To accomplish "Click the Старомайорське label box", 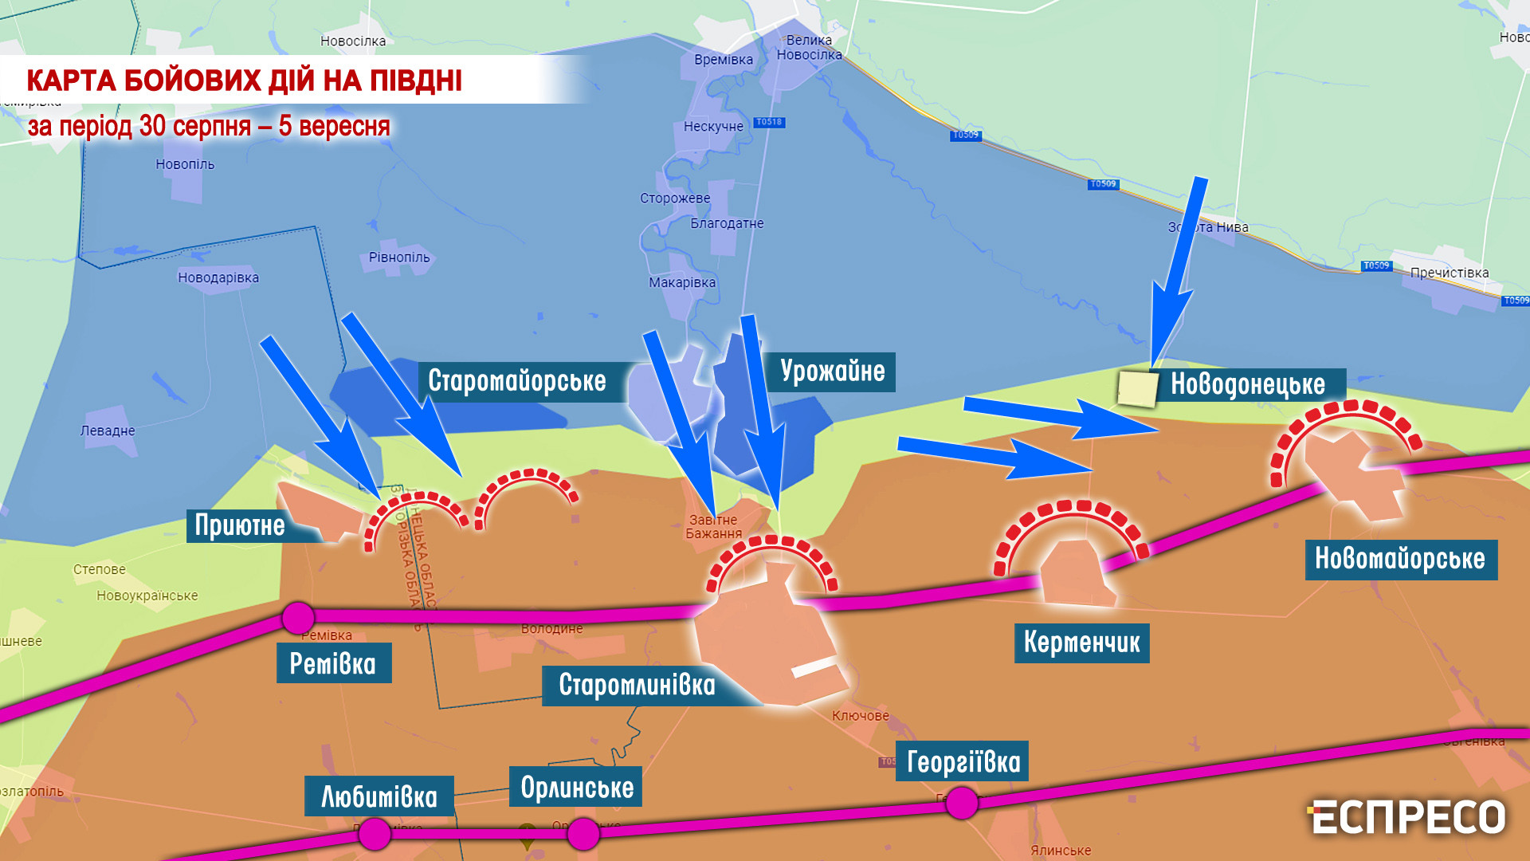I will pyautogui.click(x=517, y=381).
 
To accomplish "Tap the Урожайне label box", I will pyautogui.click(x=832, y=372).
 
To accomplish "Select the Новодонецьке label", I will pyautogui.click(x=1248, y=385).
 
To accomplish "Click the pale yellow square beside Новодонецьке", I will pyautogui.click(x=1137, y=388).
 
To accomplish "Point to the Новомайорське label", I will pyautogui.click(x=1400, y=559).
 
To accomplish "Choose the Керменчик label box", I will pyautogui.click(x=1081, y=643).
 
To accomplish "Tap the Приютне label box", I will pyautogui.click(x=240, y=525).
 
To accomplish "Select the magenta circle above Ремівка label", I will pyautogui.click(x=299, y=618).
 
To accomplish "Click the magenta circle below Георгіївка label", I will pyautogui.click(x=962, y=802).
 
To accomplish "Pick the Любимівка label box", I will pyautogui.click(x=379, y=796).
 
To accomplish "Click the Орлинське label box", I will pyautogui.click(x=576, y=788).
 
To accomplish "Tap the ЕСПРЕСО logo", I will pyautogui.click(x=1406, y=817).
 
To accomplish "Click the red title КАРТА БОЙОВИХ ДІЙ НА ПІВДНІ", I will pyautogui.click(x=244, y=81).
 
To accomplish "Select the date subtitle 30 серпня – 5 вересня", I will pyautogui.click(x=209, y=127).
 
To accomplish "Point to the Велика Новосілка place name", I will pyautogui.click(x=809, y=47).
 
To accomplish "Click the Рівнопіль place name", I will pyautogui.click(x=399, y=258).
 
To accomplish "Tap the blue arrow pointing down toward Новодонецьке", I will pyautogui.click(x=1176, y=275).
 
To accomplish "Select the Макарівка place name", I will pyautogui.click(x=682, y=283).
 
